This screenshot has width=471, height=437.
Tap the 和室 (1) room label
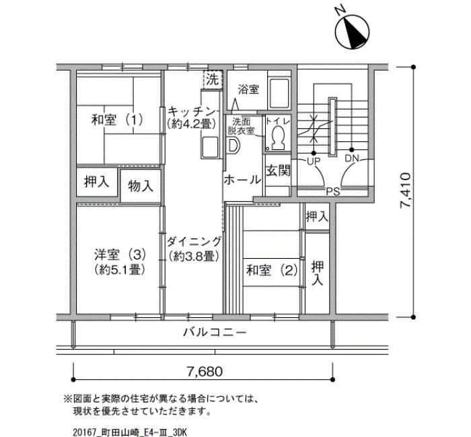point(117,120)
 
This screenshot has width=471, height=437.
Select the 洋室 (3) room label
point(120,255)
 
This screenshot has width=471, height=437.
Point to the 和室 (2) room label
point(272,270)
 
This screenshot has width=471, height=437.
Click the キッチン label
point(192,112)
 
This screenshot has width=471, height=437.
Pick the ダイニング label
point(194,241)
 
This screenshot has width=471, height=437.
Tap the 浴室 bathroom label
point(248,89)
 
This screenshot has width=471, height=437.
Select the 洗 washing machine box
point(213,79)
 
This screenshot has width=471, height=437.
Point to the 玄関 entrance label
point(278,171)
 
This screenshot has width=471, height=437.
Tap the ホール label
point(242,180)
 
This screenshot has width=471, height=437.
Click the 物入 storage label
point(140,186)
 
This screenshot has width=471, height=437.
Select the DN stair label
point(352,159)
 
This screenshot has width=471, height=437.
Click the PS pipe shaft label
point(333,192)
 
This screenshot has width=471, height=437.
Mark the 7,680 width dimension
point(205,372)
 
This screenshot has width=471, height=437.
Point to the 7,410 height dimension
point(404,190)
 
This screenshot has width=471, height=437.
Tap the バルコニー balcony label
point(215,333)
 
